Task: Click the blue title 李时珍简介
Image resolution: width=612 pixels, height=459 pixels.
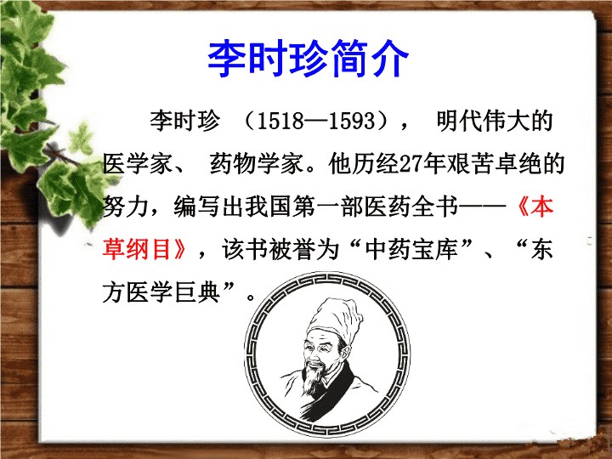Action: [x=308, y=59]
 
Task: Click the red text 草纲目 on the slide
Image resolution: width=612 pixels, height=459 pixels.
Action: [x=138, y=249]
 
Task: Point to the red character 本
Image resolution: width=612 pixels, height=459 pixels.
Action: [x=542, y=207]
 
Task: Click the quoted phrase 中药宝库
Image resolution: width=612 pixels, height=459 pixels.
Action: [x=411, y=249]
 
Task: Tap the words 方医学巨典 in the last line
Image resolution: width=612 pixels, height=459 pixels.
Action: [x=161, y=292]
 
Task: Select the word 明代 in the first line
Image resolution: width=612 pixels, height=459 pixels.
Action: [x=459, y=120]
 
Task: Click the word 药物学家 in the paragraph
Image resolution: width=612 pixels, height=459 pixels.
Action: [x=257, y=163]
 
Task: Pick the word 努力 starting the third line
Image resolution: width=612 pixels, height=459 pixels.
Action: [x=125, y=207]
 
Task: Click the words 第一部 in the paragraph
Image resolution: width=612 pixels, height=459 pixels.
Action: [x=328, y=207]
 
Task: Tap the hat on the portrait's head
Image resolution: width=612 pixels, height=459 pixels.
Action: [x=334, y=319]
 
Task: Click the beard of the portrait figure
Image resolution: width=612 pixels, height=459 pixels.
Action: [x=314, y=377]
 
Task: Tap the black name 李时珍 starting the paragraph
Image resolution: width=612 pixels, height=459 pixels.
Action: [x=184, y=120]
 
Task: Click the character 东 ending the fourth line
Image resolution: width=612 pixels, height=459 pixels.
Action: [x=542, y=249]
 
